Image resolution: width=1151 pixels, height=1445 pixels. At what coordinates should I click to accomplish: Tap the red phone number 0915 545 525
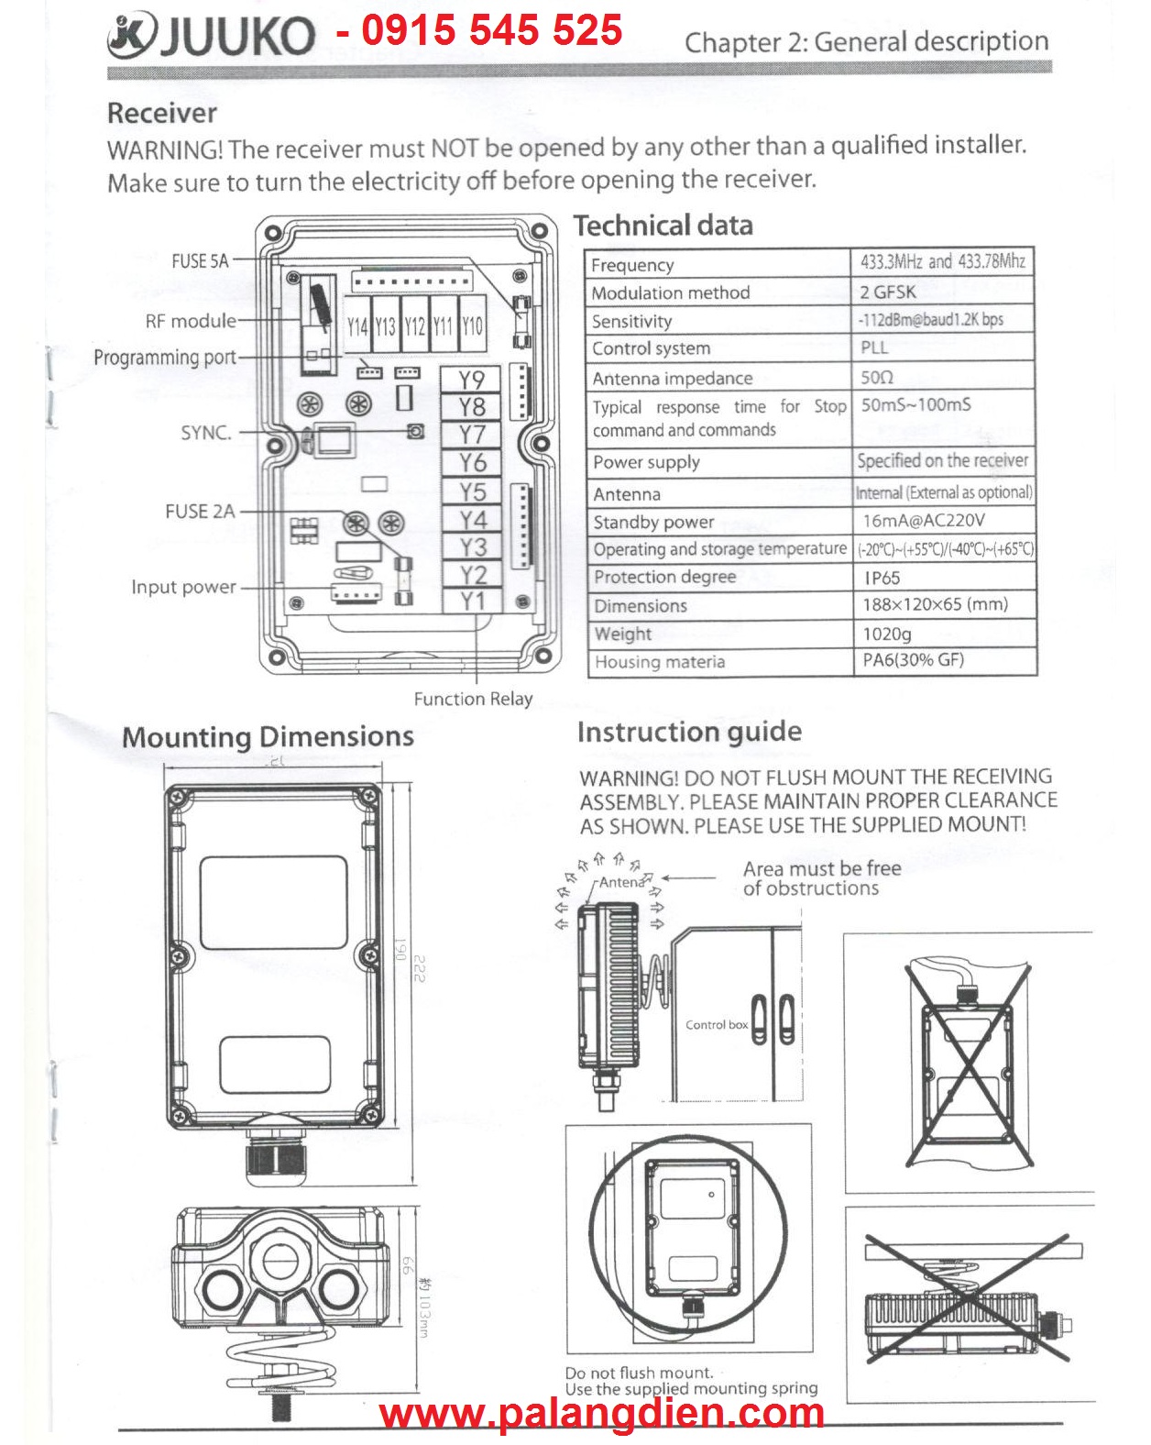pyautogui.click(x=492, y=30)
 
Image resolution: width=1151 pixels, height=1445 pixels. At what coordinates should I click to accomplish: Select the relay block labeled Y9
pyautogui.click(x=471, y=380)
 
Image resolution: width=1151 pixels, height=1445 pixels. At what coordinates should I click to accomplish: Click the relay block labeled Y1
pyautogui.click(x=472, y=601)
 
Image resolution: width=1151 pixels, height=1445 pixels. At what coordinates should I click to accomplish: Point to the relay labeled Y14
pyautogui.click(x=357, y=326)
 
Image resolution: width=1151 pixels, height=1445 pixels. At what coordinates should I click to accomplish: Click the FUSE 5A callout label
pyautogui.click(x=200, y=261)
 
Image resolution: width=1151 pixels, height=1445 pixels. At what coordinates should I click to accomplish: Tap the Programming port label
pyautogui.click(x=165, y=358)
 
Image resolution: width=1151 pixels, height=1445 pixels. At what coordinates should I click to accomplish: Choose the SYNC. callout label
pyautogui.click(x=206, y=433)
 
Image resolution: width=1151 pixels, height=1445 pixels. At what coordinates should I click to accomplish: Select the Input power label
pyautogui.click(x=183, y=587)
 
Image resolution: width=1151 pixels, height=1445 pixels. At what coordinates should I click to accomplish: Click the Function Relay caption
pyautogui.click(x=473, y=699)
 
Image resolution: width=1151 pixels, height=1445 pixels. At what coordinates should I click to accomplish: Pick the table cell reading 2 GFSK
pyautogui.click(x=888, y=292)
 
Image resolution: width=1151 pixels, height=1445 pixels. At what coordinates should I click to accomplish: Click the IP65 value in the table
pyautogui.click(x=882, y=578)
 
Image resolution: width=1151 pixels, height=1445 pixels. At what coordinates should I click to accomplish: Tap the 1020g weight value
pyautogui.click(x=887, y=634)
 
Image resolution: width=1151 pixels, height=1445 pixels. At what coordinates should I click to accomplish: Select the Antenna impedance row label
pyautogui.click(x=672, y=379)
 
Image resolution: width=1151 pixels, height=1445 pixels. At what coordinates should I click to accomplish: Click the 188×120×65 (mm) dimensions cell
pyautogui.click(x=935, y=605)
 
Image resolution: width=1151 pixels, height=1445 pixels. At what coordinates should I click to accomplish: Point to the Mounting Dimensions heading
pyautogui.click(x=268, y=737)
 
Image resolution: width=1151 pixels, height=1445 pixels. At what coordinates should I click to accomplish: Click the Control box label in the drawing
pyautogui.click(x=717, y=1025)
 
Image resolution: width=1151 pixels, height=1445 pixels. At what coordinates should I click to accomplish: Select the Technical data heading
pyautogui.click(x=663, y=226)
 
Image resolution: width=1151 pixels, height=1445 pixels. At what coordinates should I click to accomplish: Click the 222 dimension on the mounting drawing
pyautogui.click(x=421, y=968)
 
